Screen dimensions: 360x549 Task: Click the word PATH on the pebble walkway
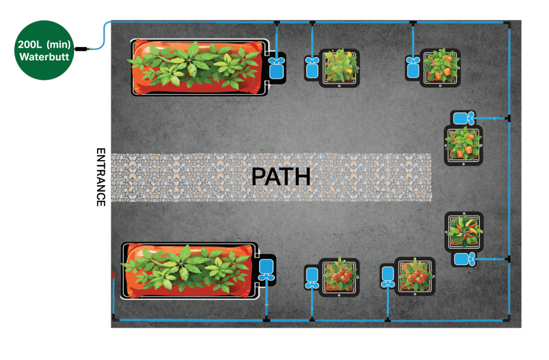coord(281,177)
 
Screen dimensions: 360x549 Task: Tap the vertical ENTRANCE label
coord(100,177)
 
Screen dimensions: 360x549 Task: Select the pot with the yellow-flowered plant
coord(339,67)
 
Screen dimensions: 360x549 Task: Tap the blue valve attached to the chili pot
coord(463,260)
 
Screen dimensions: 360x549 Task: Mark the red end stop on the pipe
coord(113,275)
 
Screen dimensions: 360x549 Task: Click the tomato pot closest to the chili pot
coord(414,275)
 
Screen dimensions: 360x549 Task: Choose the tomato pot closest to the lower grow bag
coord(339,275)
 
